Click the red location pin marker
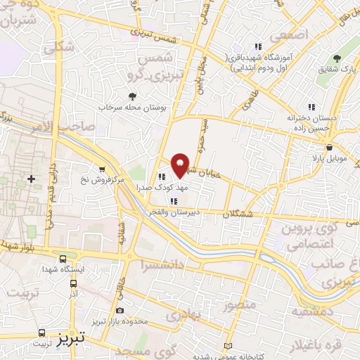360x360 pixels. coord(181,165)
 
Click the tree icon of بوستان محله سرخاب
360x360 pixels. coord(131,96)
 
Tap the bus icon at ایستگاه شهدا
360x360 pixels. coord(64,259)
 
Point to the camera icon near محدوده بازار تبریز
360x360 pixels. coord(120,310)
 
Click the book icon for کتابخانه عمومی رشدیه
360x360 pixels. coord(226,346)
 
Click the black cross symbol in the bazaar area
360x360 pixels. coord(31,179)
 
